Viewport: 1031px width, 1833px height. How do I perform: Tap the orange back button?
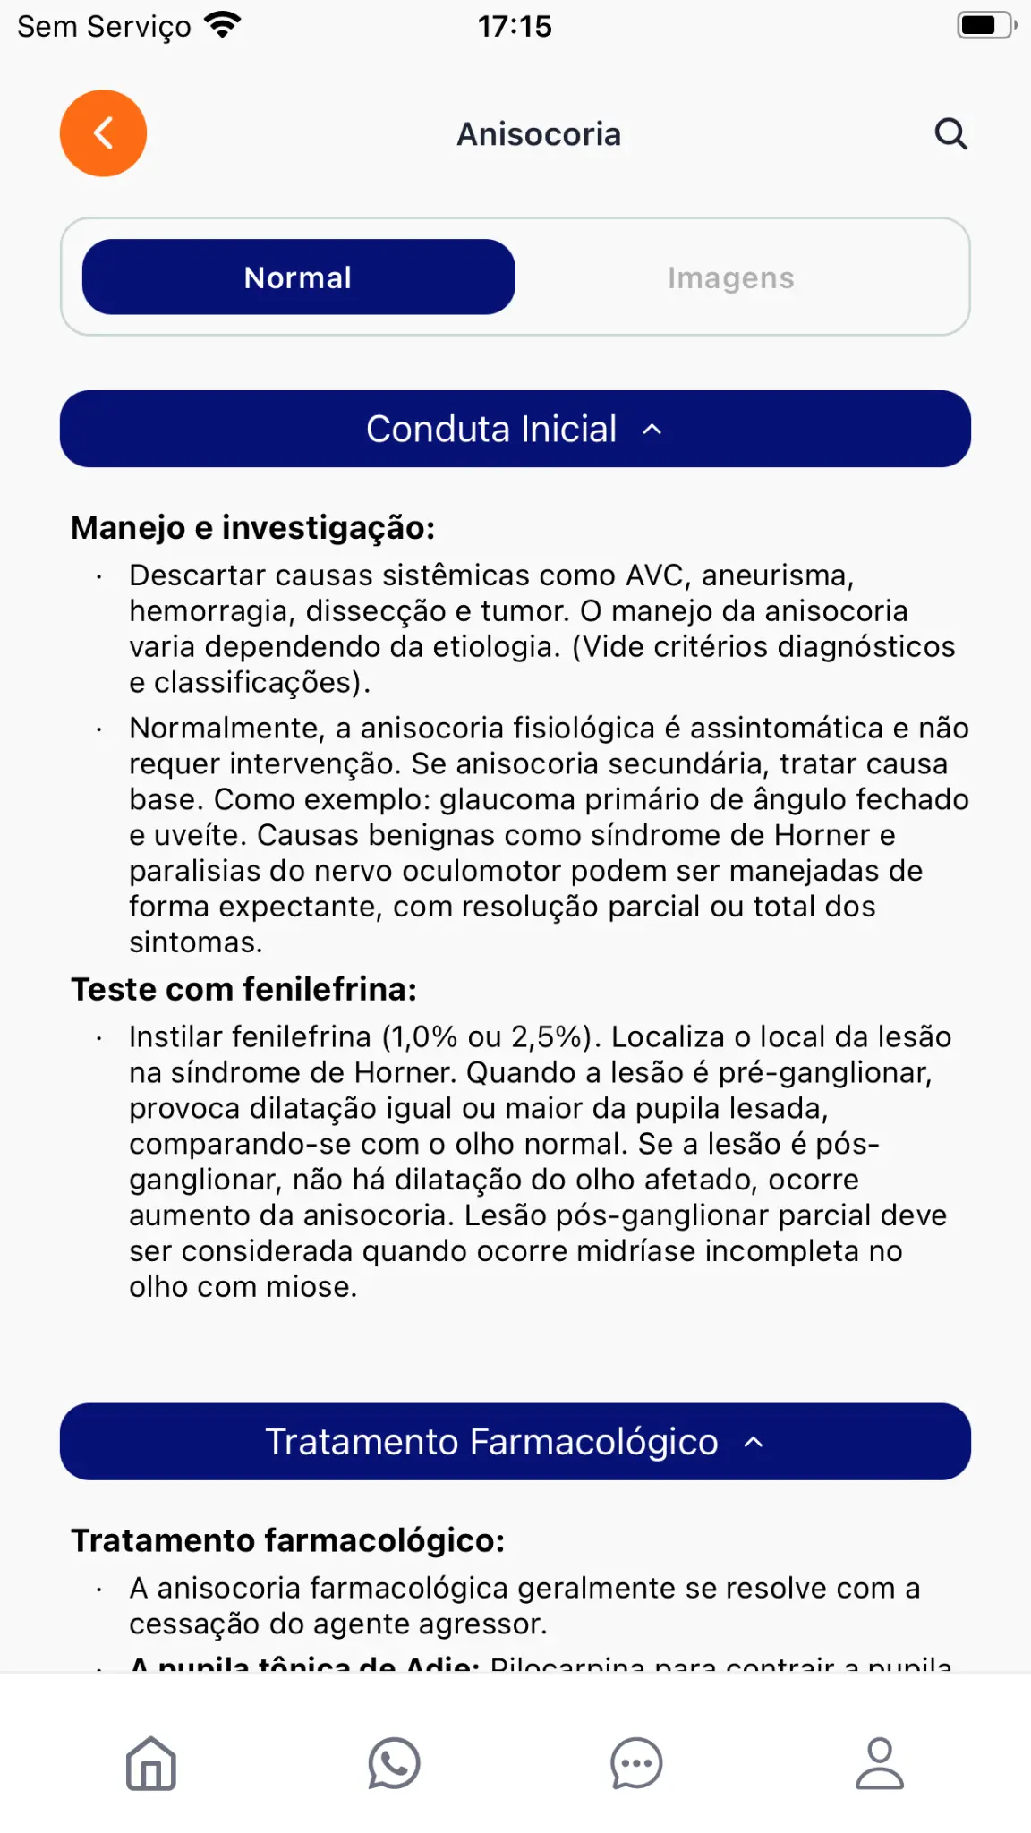tap(103, 133)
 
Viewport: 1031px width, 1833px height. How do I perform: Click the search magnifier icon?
tap(950, 134)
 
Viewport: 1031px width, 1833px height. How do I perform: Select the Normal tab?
tap(298, 277)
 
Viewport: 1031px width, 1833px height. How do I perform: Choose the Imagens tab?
tap(730, 277)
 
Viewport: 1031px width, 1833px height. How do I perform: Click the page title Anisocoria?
tap(539, 134)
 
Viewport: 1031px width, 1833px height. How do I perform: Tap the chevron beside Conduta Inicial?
tap(652, 430)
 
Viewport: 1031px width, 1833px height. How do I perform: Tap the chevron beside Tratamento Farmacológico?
tap(754, 1442)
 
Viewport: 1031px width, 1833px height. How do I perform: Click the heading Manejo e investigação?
tap(252, 528)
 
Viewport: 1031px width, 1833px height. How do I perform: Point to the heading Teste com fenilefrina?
tap(243, 989)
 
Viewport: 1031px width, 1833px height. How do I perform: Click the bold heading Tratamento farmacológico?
tap(287, 1540)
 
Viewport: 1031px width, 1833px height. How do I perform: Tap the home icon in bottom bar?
tap(151, 1763)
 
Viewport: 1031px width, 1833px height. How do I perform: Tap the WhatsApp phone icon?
tap(394, 1763)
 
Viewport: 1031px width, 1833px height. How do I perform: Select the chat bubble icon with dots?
tap(636, 1763)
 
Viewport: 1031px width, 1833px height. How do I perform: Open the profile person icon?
tap(880, 1763)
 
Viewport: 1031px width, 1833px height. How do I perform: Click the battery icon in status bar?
tap(985, 25)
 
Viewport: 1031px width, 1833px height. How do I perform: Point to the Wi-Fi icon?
tap(223, 25)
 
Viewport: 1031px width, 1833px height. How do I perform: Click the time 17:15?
tap(515, 26)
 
